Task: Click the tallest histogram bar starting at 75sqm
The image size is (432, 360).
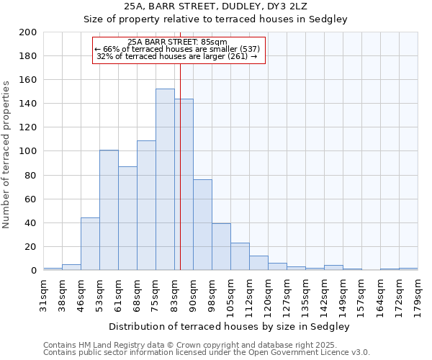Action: tap(165, 180)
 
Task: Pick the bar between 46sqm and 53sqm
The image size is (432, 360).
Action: tap(90, 244)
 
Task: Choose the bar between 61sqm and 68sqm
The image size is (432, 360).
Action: tap(127, 219)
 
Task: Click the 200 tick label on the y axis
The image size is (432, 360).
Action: tap(28, 32)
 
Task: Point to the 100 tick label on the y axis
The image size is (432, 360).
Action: tap(28, 151)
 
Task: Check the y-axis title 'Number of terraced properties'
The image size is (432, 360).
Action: tap(6, 154)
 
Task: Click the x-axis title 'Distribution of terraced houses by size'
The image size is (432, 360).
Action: tap(229, 326)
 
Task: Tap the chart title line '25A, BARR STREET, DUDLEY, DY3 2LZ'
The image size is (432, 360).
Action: tap(216, 6)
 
